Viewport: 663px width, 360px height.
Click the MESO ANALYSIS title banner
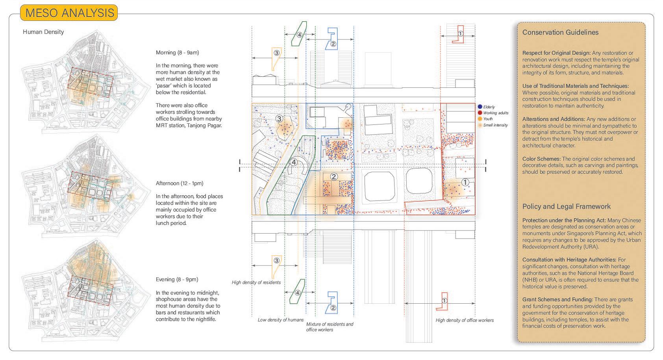[x=69, y=13]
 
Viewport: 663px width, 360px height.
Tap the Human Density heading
[x=43, y=32]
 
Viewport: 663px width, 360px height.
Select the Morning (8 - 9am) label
[x=177, y=52]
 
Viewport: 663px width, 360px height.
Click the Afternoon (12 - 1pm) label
[x=179, y=183]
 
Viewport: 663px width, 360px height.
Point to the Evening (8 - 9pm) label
[x=177, y=279]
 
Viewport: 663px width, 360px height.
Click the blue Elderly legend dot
[x=480, y=107]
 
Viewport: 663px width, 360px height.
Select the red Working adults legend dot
[x=480, y=113]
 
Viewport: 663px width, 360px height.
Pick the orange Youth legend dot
[x=480, y=119]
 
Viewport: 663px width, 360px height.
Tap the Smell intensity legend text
[x=495, y=125]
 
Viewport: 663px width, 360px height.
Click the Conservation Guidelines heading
[x=560, y=33]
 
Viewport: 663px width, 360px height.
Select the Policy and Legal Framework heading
[x=567, y=206]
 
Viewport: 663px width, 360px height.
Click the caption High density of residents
[x=256, y=282]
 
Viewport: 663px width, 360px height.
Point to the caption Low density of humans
[x=281, y=320]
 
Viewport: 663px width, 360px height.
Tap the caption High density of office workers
[x=465, y=320]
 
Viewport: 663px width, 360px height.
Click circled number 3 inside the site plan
[x=279, y=119]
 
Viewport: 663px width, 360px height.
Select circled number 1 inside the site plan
[x=465, y=182]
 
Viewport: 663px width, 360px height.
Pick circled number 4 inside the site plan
[x=293, y=162]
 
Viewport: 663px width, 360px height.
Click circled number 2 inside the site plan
[x=333, y=177]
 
